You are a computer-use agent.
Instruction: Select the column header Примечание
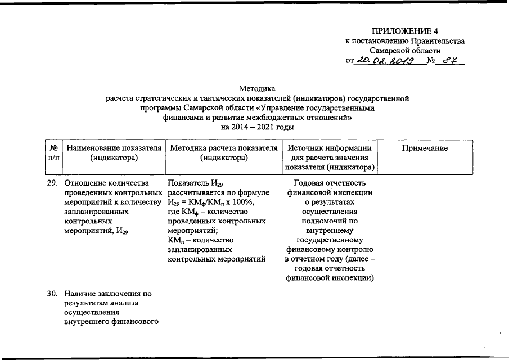[425, 148]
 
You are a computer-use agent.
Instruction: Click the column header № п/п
[55, 153]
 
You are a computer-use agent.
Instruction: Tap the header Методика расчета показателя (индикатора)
[224, 153]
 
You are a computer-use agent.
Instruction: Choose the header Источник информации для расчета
[330, 157]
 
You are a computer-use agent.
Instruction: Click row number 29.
[52, 183]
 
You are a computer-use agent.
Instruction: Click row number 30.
[52, 293]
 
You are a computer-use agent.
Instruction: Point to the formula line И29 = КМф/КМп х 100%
[211, 202]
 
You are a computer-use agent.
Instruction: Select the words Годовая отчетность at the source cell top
[330, 183]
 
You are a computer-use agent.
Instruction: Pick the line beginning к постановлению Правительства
[405, 40]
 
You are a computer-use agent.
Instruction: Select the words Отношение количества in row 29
[106, 183]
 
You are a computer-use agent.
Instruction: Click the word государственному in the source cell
[330, 240]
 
